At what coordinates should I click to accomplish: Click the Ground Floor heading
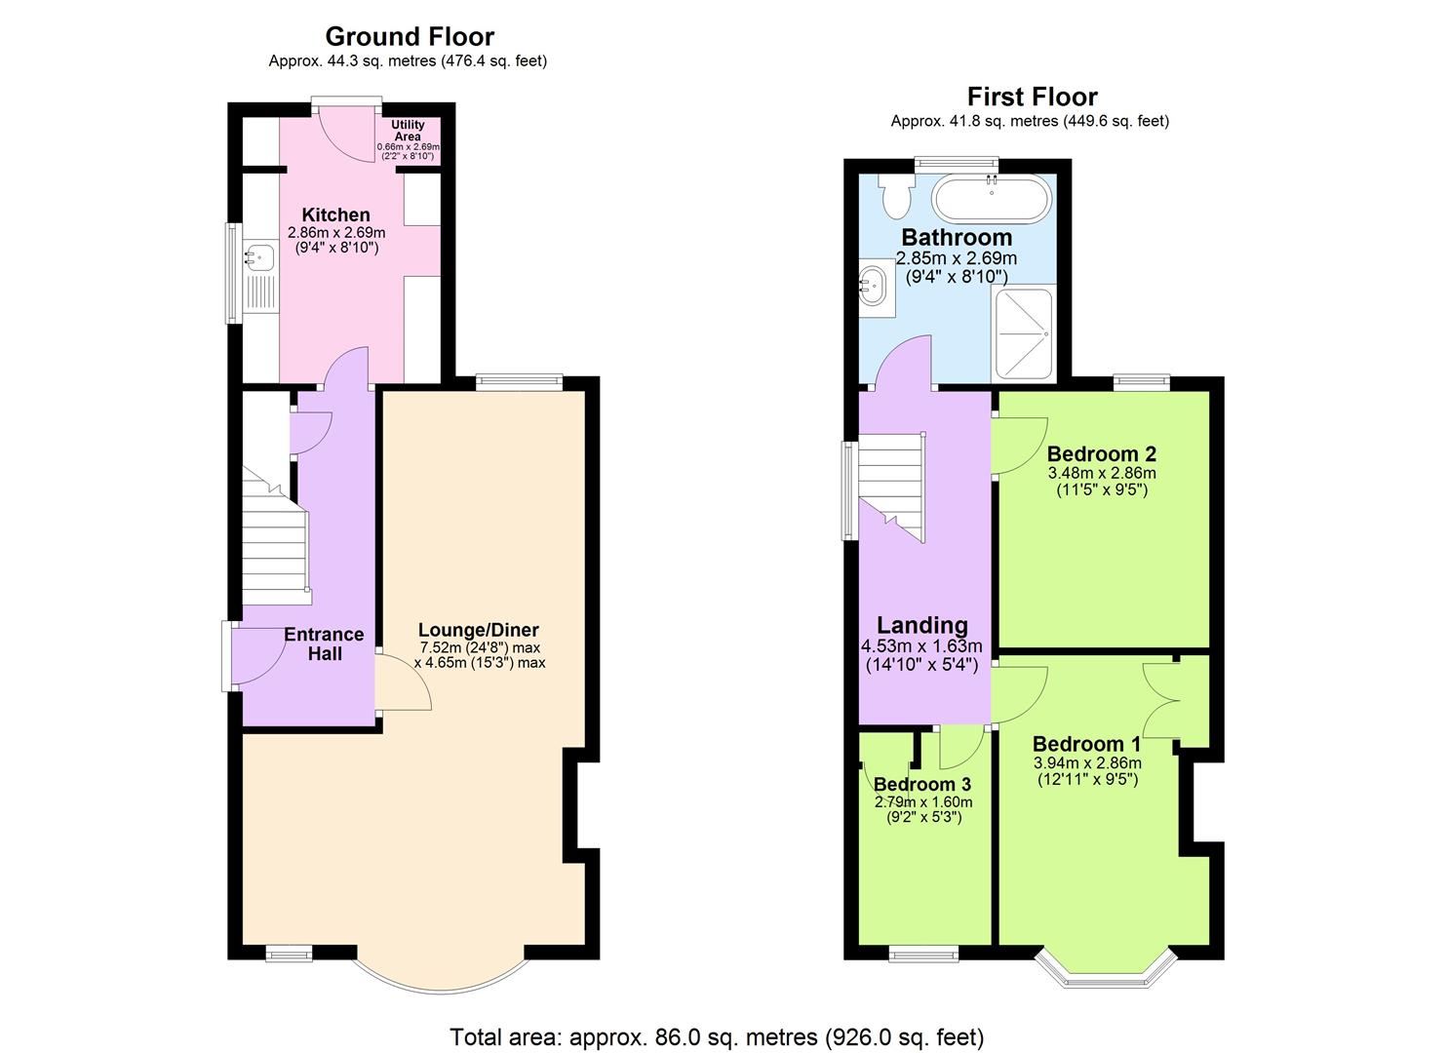[x=409, y=37]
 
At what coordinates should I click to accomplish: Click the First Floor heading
[x=1032, y=97]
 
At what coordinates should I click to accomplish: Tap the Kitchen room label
[x=335, y=215]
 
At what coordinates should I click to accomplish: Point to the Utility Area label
[x=408, y=131]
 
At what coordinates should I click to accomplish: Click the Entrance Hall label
[x=324, y=643]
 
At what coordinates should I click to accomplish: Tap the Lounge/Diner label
[x=478, y=630]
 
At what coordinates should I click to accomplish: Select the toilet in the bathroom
[x=894, y=195]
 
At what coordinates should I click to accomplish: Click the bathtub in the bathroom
[x=992, y=199]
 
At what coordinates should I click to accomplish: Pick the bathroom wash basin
[x=872, y=286]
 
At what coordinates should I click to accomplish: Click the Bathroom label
[x=956, y=237]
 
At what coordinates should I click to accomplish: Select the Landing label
[x=922, y=626]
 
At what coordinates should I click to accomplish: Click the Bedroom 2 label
[x=1101, y=453]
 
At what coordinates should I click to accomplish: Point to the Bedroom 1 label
[x=1086, y=744]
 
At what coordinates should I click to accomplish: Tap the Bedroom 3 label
[x=921, y=784]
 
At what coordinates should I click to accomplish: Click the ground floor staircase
[x=276, y=536]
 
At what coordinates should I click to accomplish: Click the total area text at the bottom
[x=716, y=1036]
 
